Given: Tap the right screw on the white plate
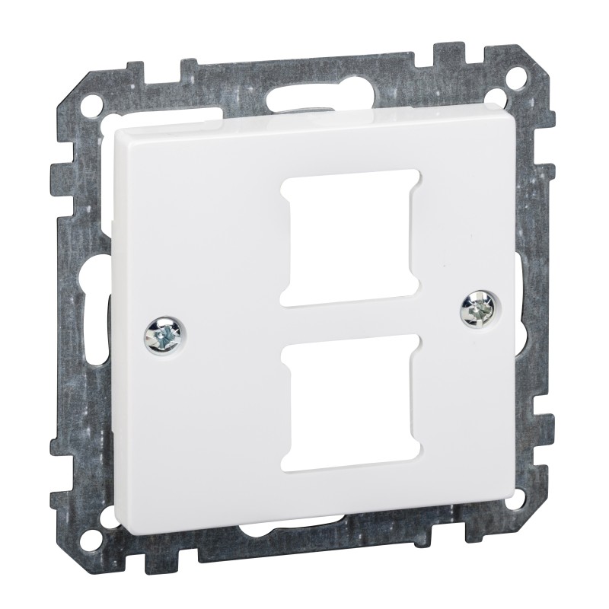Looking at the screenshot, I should pos(478,308).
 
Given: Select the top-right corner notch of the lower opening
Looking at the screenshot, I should pos(398,337).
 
